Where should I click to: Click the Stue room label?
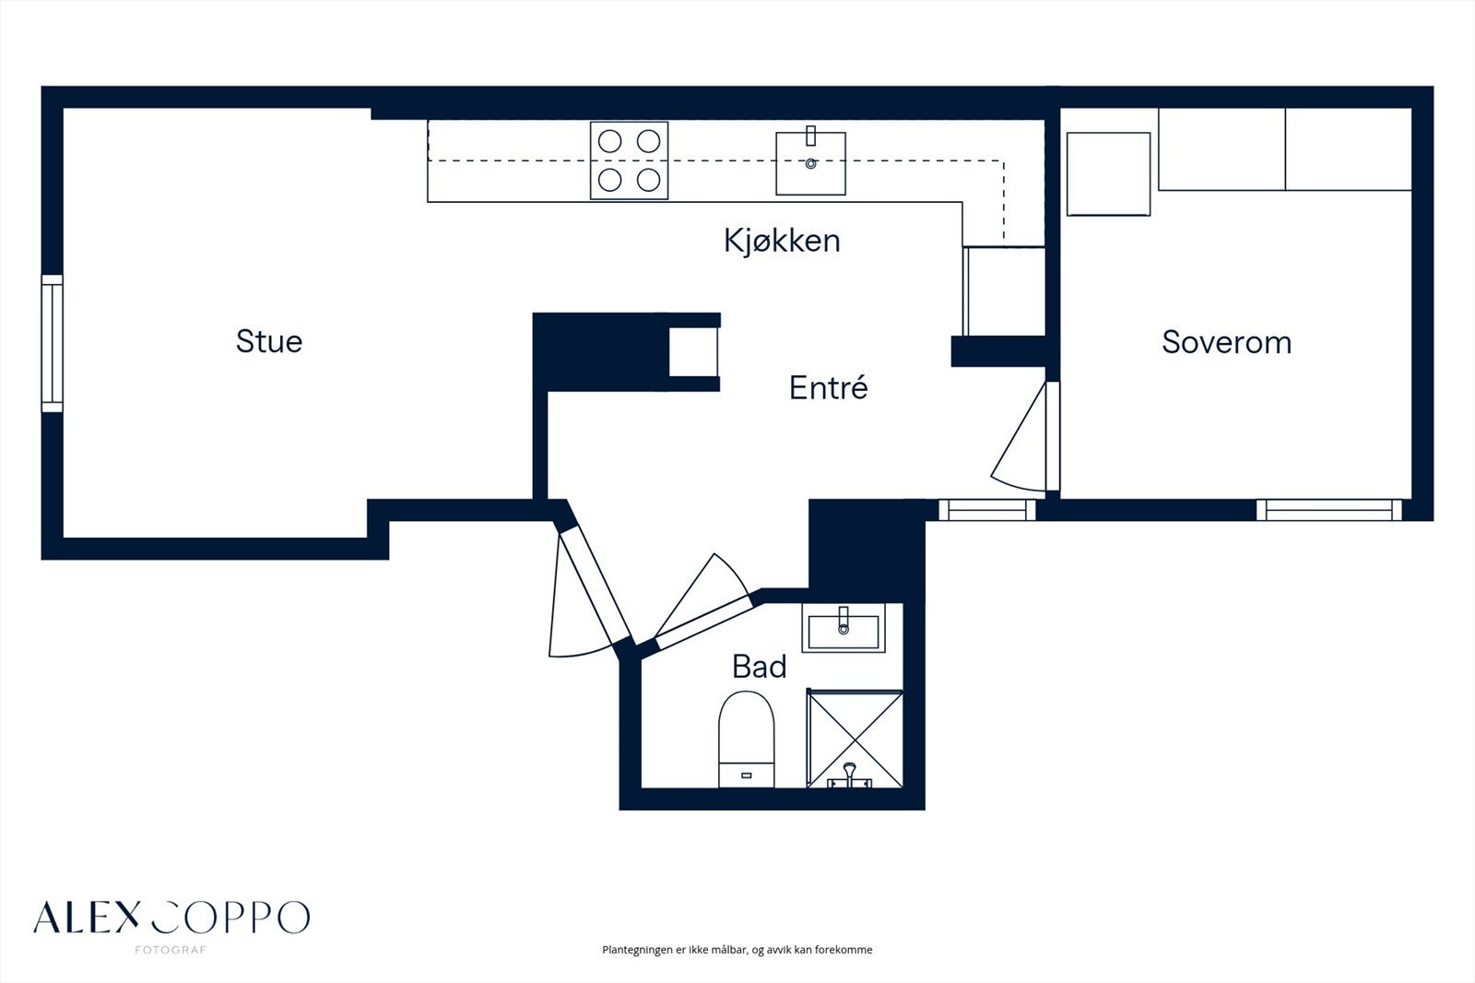coord(269,341)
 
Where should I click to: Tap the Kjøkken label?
coord(783,241)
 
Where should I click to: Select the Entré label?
coord(829,387)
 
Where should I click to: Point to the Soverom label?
coord(1226,343)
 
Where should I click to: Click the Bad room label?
coord(760,667)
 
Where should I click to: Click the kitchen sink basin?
coord(810,163)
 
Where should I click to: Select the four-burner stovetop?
coord(629,160)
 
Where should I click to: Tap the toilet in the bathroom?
coord(746,739)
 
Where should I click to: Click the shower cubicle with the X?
coord(855,739)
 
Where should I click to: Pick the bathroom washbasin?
coord(843,628)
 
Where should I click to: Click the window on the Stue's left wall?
coord(52,343)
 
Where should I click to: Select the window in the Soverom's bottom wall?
coord(1328,510)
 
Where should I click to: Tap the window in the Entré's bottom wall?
coord(986,510)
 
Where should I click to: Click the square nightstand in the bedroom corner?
coord(1108,174)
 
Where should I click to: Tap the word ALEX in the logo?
coord(87,917)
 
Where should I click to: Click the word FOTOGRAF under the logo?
coord(171,950)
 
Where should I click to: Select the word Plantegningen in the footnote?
coord(637,950)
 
